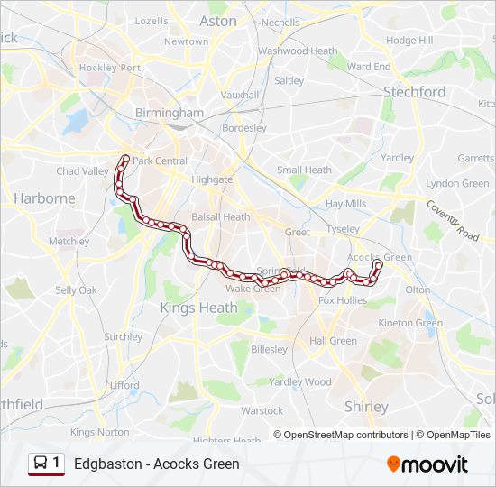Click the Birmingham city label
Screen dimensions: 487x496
click(169, 113)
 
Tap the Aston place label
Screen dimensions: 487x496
click(217, 21)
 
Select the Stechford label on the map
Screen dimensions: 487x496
click(414, 92)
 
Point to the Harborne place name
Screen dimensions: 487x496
click(44, 198)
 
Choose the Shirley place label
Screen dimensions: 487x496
click(366, 407)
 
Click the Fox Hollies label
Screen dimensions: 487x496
click(343, 300)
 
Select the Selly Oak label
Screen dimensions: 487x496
click(76, 290)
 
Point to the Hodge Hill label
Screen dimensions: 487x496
click(409, 41)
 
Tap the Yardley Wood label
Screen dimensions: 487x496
click(299, 381)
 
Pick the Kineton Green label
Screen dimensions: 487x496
click(410, 323)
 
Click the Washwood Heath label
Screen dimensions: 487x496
click(298, 51)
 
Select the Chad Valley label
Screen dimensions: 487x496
click(82, 171)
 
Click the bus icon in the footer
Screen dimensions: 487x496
click(41, 464)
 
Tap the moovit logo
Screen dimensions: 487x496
click(427, 464)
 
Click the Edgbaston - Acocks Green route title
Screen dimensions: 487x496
click(157, 464)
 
